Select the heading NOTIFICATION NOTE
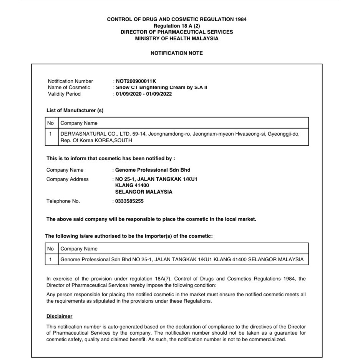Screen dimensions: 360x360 click(x=177, y=53)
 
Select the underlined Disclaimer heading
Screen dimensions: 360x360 click(x=60, y=316)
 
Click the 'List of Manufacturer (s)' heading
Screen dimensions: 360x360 click(x=75, y=110)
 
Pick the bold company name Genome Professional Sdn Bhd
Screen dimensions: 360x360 click(x=153, y=170)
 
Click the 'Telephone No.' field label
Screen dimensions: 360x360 click(x=63, y=201)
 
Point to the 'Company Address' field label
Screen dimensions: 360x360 click(x=68, y=179)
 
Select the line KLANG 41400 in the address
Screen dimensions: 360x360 click(x=132, y=185)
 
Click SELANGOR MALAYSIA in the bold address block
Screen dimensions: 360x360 click(x=144, y=192)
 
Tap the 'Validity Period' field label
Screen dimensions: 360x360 click(x=64, y=94)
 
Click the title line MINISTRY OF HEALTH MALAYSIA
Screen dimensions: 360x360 click(x=177, y=38)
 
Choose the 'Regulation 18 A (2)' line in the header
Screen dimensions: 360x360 click(x=177, y=26)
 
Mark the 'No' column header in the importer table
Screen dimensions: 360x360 click(x=50, y=249)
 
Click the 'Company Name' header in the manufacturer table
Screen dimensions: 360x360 click(x=79, y=123)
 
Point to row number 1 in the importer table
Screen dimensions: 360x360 click(x=50, y=259)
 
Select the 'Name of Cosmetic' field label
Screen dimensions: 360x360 click(x=69, y=87)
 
